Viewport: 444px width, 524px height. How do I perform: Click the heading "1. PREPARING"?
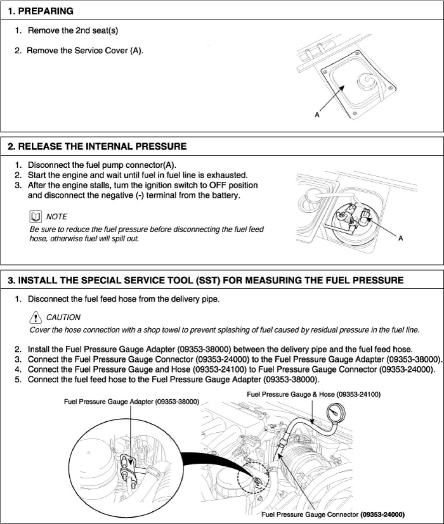(x=41, y=11)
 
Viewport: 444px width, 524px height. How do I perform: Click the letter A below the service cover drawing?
(x=316, y=115)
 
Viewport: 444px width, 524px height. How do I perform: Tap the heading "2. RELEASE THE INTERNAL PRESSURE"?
(x=97, y=147)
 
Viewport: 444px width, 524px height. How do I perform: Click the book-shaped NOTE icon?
(x=36, y=217)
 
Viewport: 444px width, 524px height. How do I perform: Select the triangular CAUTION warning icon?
(x=36, y=317)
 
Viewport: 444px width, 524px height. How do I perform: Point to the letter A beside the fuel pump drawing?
(x=401, y=238)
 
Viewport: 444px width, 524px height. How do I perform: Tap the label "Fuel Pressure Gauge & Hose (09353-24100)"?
(x=313, y=394)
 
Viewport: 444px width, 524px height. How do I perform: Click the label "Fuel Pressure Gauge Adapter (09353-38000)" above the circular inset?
(x=131, y=401)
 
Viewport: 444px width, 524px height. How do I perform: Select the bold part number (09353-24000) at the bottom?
(x=382, y=515)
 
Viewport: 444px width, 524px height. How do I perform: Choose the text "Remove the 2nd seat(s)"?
(x=73, y=31)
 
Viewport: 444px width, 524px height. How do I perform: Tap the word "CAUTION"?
(x=63, y=317)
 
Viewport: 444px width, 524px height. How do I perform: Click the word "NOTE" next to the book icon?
(x=56, y=217)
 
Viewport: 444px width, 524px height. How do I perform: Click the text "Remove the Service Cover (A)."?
(x=85, y=51)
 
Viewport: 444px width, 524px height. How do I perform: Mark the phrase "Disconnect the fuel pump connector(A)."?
(x=102, y=165)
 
